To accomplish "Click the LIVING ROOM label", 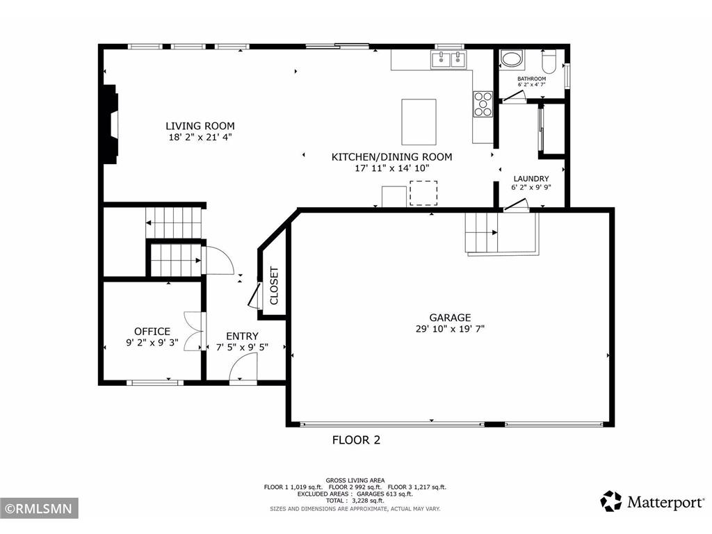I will click(x=200, y=126).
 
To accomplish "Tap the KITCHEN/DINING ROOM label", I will click(x=391, y=157).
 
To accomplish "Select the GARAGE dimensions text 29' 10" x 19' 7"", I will click(x=450, y=330).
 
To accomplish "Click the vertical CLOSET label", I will click(x=274, y=286).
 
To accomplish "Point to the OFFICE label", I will click(x=152, y=332).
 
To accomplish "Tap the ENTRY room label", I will click(x=242, y=336).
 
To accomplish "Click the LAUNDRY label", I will click(x=531, y=179).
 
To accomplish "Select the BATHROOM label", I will click(x=531, y=79).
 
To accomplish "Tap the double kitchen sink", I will click(x=448, y=60).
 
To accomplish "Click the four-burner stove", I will click(x=483, y=104).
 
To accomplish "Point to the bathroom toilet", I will click(x=548, y=62).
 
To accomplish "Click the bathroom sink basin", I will click(x=513, y=59).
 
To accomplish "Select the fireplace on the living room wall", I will click(x=110, y=124).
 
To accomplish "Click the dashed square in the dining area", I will click(x=423, y=193).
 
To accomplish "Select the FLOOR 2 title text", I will click(x=356, y=439).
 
